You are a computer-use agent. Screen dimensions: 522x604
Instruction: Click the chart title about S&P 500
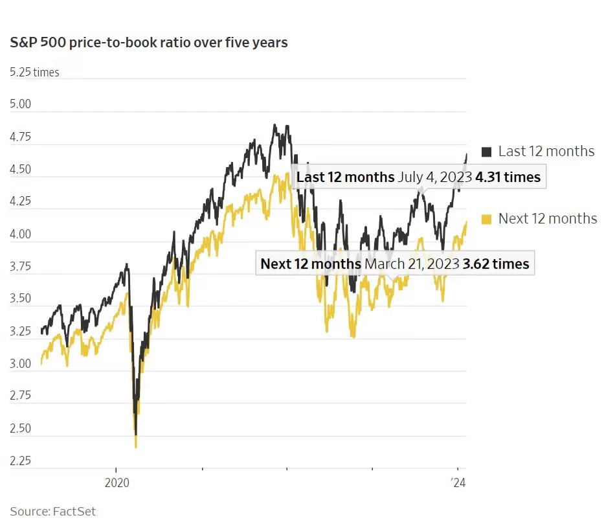[x=149, y=43]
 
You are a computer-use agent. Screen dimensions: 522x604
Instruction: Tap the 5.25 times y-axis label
[x=34, y=72]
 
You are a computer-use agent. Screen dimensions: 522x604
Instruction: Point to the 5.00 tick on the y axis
[x=21, y=104]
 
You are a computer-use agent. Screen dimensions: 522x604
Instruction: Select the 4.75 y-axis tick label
[x=21, y=137]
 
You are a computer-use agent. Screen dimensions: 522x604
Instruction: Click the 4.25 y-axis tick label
[x=21, y=201]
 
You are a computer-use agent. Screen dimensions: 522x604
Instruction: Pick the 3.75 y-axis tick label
[x=21, y=266]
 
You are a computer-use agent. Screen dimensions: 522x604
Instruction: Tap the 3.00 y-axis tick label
[x=21, y=363]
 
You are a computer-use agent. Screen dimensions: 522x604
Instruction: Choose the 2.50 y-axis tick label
[x=21, y=428]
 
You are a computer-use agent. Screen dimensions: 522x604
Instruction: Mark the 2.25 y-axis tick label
[x=21, y=460]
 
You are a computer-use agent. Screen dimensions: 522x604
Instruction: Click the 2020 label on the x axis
[x=116, y=483]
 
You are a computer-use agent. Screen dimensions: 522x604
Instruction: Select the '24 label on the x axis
[x=457, y=483]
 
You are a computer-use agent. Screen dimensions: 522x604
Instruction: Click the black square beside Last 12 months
[x=487, y=152]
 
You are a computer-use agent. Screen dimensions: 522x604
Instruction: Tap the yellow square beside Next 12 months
[x=487, y=218]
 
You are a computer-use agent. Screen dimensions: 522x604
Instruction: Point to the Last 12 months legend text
[x=546, y=152]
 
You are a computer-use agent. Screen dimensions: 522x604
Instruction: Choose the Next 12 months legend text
[x=547, y=218]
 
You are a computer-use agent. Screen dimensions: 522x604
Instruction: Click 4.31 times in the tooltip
[x=508, y=177]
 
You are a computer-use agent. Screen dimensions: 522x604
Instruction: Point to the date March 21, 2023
[x=411, y=264]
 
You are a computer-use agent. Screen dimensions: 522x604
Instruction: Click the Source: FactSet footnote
[x=52, y=511]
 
